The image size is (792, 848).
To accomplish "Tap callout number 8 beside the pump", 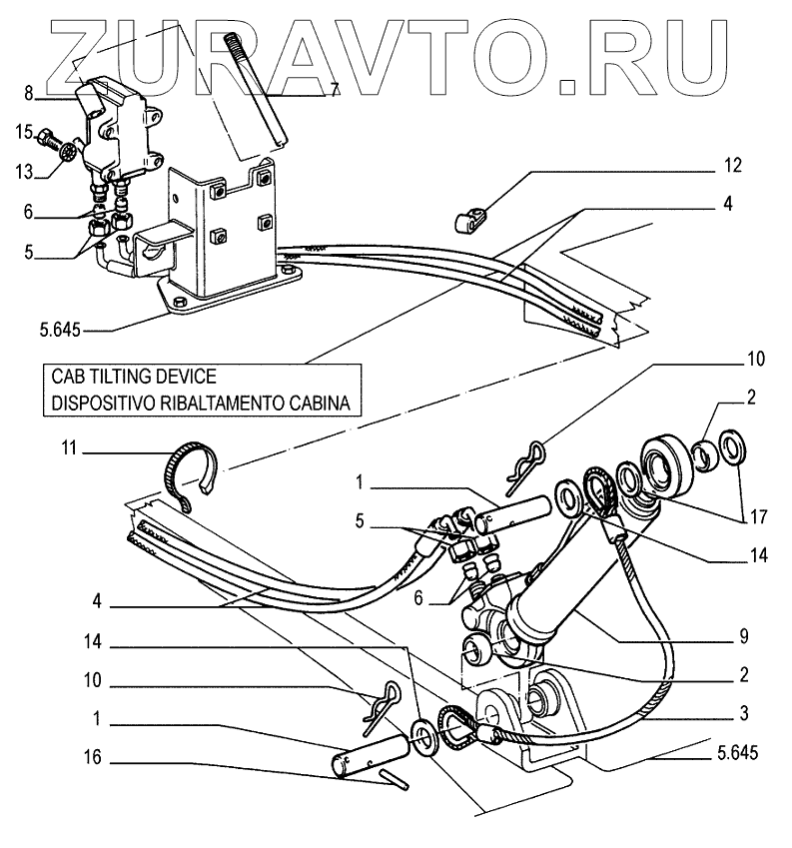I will (x=29, y=95).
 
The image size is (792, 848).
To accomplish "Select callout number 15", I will (x=22, y=131).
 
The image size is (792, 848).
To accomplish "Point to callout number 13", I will (x=22, y=172).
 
